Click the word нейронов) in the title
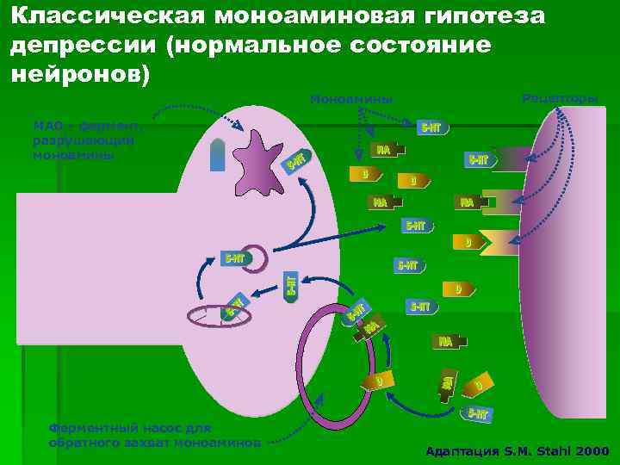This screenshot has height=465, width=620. click(81, 74)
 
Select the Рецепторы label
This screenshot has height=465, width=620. click(560, 98)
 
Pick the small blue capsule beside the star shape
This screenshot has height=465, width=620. click(218, 156)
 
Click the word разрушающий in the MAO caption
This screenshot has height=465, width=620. click(82, 140)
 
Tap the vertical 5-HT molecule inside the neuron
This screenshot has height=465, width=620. click(292, 284)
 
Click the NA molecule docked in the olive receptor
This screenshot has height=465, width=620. click(468, 202)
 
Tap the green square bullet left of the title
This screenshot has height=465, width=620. click(6, 16)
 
